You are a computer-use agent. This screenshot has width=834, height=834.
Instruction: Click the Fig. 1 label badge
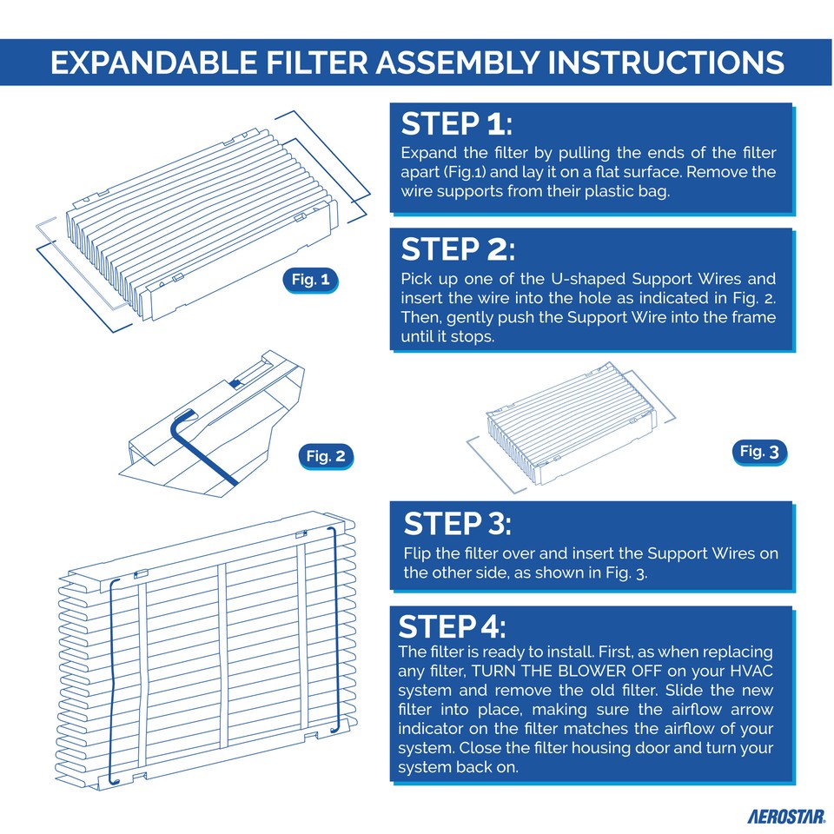(310, 280)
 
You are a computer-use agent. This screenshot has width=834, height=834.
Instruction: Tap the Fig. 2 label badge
(326, 456)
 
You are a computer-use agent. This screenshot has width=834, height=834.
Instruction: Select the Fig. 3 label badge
(761, 451)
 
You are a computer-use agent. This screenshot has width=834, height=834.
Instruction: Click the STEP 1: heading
(457, 125)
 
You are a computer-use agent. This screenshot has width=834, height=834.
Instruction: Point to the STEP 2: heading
(458, 250)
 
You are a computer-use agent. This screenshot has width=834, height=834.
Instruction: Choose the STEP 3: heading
(458, 524)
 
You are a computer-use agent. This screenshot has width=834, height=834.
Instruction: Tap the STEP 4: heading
(451, 627)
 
